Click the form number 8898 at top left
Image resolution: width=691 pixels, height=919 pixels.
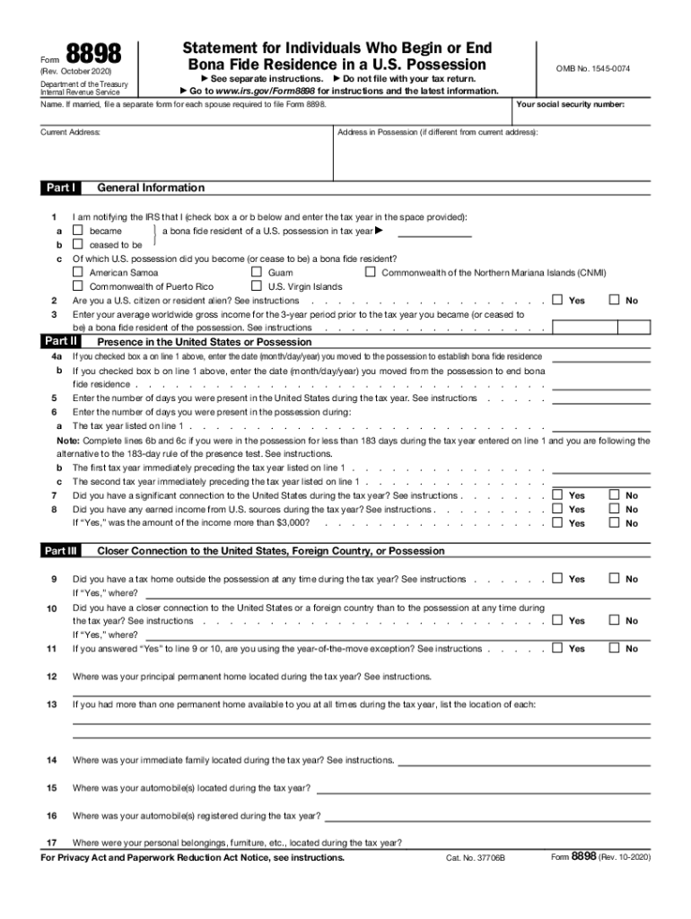pyautogui.click(x=92, y=57)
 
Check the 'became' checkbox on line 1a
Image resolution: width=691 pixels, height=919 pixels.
pyautogui.click(x=77, y=232)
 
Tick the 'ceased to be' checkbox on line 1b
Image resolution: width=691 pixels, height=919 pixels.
pyautogui.click(x=77, y=245)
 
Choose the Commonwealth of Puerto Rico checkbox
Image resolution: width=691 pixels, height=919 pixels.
pyautogui.click(x=77, y=286)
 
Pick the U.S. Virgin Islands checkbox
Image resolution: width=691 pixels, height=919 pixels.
pyautogui.click(x=256, y=286)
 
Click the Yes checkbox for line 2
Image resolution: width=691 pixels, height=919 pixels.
pyautogui.click(x=558, y=301)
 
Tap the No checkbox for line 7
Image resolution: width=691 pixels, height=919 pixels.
pyautogui.click(x=615, y=495)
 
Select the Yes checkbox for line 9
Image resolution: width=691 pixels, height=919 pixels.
pyautogui.click(x=558, y=579)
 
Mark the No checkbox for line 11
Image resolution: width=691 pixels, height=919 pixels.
pyautogui.click(x=615, y=648)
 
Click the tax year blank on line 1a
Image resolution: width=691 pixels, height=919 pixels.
pyautogui.click(x=434, y=232)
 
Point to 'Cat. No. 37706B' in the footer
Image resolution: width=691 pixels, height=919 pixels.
pyautogui.click(x=476, y=858)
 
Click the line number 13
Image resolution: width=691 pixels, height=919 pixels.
pyautogui.click(x=52, y=705)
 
